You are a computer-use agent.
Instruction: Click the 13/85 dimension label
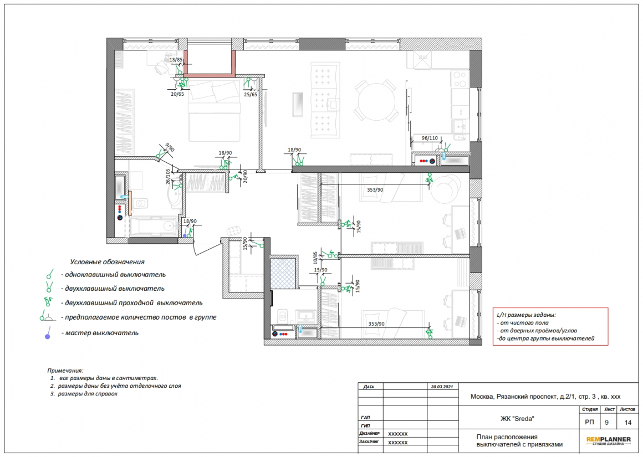[176, 60]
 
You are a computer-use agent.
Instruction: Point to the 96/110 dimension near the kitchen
[430, 138]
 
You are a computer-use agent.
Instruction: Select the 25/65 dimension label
[251, 95]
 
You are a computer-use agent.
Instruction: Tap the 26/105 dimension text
[168, 177]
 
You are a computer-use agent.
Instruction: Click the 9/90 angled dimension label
[170, 147]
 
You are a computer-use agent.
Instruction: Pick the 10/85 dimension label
[315, 258]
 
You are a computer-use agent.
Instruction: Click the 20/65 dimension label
[177, 94]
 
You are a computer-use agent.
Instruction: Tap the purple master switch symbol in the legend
[48, 332]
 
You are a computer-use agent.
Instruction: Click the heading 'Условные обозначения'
[107, 262]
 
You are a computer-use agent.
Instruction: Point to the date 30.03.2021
[442, 387]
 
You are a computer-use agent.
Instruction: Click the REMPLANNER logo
[609, 440]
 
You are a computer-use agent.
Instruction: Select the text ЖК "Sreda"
[517, 419]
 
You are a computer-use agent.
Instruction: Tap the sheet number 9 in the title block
[607, 422]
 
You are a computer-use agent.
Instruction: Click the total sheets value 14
[628, 422]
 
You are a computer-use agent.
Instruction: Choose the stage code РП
[589, 422]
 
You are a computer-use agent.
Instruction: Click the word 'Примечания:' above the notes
[65, 371]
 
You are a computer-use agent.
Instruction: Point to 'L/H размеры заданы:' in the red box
[526, 315]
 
